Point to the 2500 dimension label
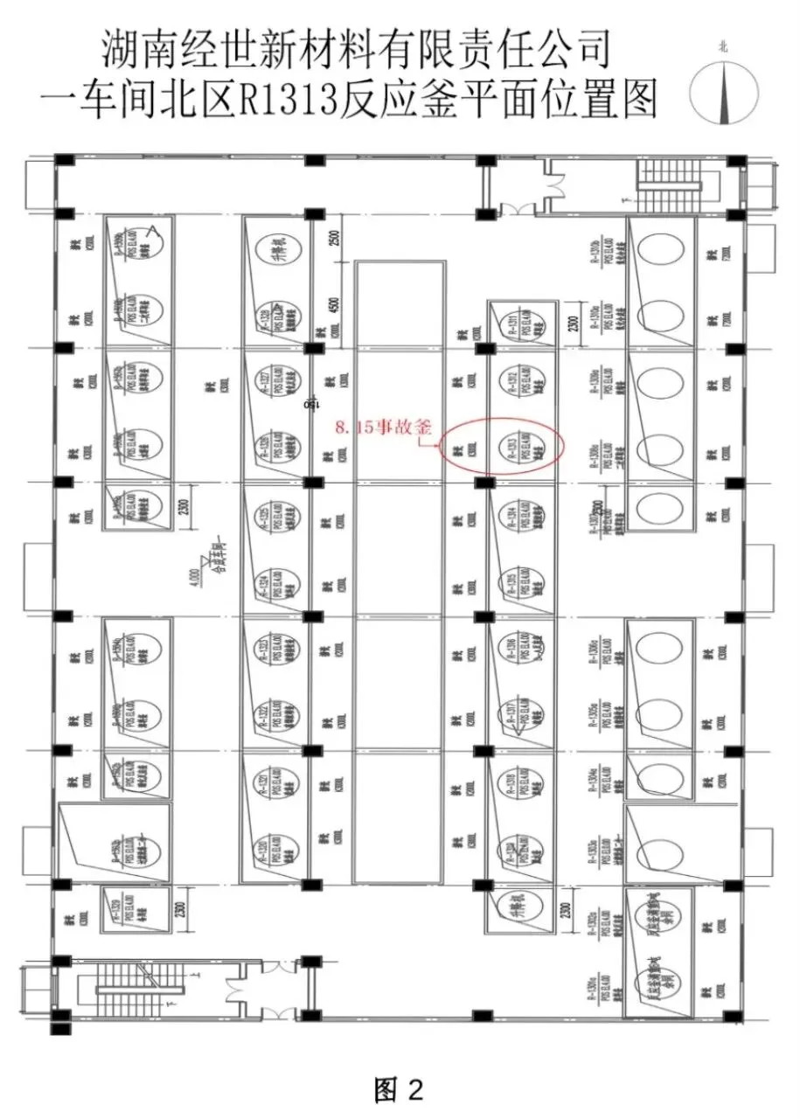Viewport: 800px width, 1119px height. point(335,238)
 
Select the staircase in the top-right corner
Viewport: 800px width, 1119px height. point(674,184)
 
